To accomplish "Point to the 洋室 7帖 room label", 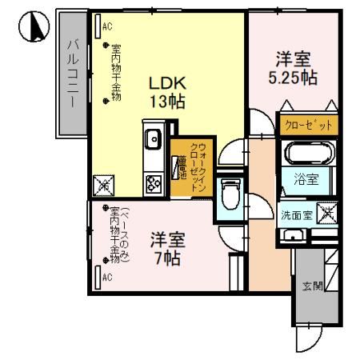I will (x=167, y=248).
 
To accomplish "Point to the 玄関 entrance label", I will (x=311, y=285).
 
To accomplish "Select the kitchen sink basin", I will (x=154, y=142).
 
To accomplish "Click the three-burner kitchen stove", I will (x=154, y=183).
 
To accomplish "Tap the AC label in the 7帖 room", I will (x=106, y=278).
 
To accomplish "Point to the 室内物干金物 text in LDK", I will (x=115, y=72).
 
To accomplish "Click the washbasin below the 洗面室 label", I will (x=294, y=235).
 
